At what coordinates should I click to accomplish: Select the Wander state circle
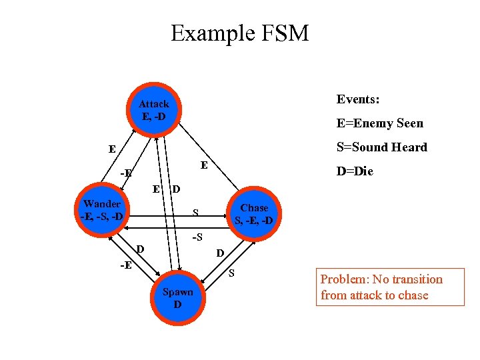[102, 210]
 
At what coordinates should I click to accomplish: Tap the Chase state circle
[254, 213]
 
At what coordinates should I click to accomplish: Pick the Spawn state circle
[177, 298]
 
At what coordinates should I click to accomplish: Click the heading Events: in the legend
[358, 99]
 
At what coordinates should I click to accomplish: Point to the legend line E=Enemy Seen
[379, 123]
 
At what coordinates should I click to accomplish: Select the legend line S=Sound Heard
[381, 147]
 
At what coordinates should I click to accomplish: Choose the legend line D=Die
[355, 171]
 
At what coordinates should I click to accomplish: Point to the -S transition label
[197, 237]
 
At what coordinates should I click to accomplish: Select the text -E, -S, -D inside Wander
[101, 217]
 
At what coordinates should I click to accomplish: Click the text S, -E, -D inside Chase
[254, 220]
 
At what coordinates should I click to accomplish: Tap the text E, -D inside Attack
[154, 116]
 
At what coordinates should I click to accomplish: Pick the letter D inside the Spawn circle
[177, 305]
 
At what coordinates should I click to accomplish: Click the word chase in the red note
[413, 295]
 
